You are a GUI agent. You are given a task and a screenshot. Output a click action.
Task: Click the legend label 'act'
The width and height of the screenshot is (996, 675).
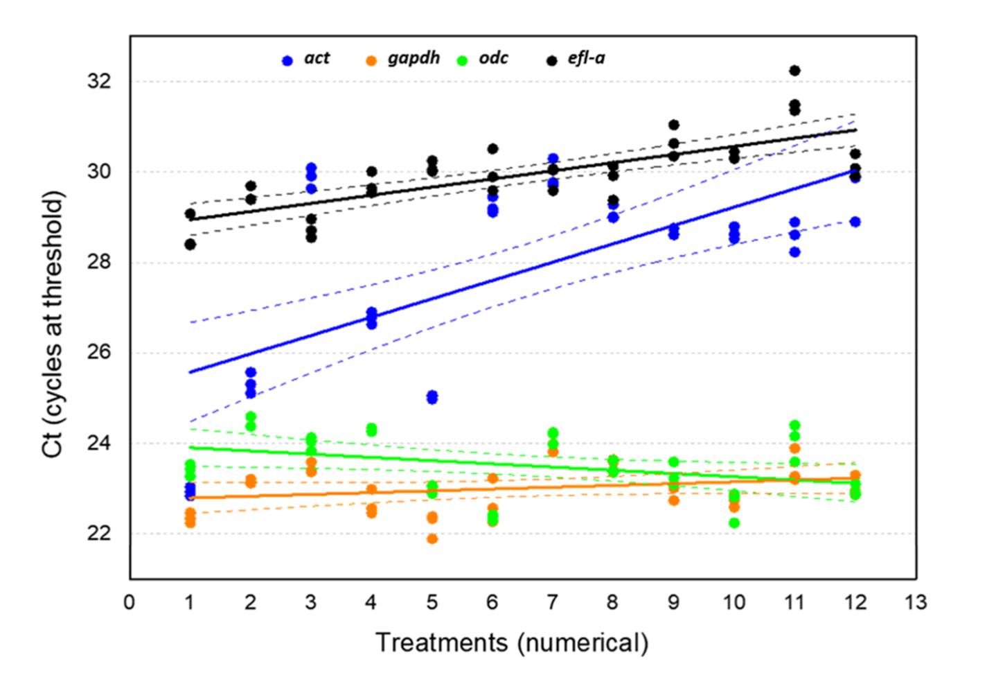point(317,58)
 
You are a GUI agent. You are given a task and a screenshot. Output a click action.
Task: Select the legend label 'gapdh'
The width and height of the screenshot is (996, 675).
point(413,58)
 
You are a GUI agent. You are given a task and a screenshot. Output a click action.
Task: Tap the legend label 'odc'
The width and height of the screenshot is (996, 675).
point(493,58)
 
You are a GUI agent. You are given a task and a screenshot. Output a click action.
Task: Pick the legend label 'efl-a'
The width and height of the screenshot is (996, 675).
point(586,58)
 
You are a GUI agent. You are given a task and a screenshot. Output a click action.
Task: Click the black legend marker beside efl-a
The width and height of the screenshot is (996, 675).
point(552,61)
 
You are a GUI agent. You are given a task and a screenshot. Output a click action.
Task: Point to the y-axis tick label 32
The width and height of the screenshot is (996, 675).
point(100,82)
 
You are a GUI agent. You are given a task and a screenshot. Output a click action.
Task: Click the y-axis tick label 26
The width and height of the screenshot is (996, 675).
point(100,353)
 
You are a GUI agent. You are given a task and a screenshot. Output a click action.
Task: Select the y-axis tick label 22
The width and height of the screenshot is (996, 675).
point(100,534)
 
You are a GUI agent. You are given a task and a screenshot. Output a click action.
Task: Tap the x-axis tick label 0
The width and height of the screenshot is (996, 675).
point(130,602)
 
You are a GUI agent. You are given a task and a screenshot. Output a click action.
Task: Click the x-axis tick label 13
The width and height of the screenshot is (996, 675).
point(916,602)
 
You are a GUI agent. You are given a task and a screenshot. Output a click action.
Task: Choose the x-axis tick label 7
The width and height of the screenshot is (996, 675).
point(553,602)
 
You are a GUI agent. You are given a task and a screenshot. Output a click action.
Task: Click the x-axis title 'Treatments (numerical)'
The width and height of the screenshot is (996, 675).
point(512,642)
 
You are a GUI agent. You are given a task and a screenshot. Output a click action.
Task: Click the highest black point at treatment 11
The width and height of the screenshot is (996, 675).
point(794,71)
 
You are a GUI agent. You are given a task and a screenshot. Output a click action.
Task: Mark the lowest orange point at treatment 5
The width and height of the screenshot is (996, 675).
point(432,538)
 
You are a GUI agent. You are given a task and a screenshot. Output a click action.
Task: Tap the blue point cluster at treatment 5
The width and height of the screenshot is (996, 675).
point(432,397)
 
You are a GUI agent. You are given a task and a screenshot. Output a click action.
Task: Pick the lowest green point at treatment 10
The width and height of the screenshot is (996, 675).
point(734,523)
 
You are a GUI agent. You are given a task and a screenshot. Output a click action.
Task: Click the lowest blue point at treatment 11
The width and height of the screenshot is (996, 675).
point(794,252)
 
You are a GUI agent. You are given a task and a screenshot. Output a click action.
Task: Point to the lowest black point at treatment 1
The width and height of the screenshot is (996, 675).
point(190,244)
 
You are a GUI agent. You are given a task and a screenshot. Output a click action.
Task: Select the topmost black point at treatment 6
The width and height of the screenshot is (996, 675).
point(492,149)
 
